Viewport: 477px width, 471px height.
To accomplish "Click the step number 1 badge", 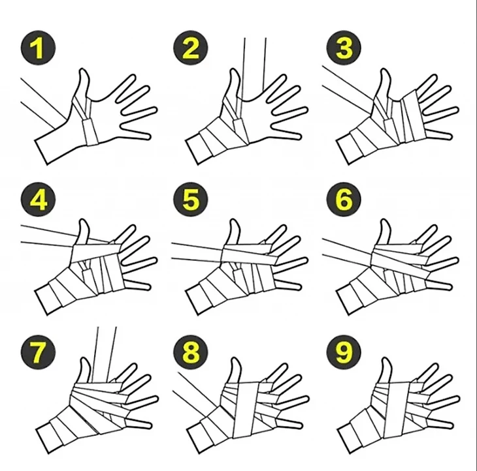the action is (39, 48).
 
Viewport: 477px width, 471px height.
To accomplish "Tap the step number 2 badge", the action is (191, 48).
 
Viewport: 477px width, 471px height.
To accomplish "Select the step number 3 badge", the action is (344, 48).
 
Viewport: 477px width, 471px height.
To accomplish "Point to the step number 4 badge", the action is (39, 200).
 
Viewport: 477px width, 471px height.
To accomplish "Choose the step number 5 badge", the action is (191, 200).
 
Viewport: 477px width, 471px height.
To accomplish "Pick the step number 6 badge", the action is (344, 200).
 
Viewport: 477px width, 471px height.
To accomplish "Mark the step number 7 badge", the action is (39, 352).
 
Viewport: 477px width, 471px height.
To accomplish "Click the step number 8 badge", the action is (191, 352).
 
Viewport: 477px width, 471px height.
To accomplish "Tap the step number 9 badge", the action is (344, 352).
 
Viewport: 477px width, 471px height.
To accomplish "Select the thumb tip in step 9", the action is (386, 360).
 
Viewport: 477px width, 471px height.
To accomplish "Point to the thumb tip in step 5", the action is (234, 220).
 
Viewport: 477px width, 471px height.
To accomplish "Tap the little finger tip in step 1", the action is (149, 136).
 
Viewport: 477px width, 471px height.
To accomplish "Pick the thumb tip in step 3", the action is (385, 70).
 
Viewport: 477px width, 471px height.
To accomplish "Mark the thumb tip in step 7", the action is (84, 359).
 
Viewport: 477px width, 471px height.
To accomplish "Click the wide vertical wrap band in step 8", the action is (246, 410).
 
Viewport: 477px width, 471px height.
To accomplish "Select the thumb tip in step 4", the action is (84, 220).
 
